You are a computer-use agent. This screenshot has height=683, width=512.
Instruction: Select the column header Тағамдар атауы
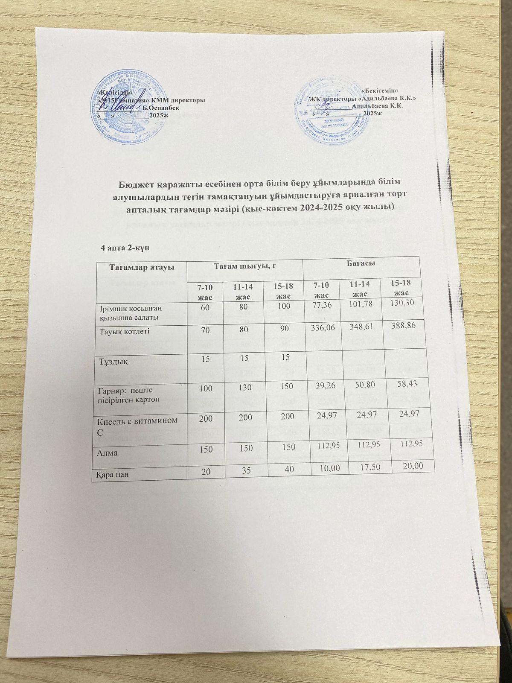tap(136, 267)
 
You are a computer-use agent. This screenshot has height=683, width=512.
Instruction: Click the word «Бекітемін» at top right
tap(380, 91)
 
